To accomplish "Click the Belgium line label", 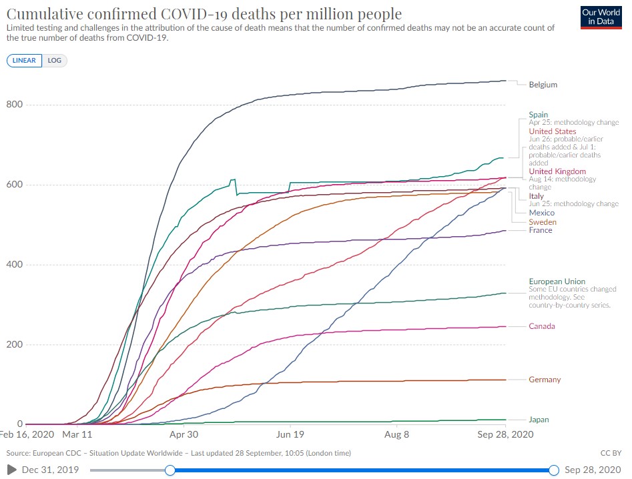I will click(543, 85).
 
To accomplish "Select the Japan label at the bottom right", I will click(539, 420).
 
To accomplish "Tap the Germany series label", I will click(545, 380).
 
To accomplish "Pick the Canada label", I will click(541, 326).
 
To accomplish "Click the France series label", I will click(540, 230).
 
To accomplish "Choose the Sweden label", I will click(542, 222).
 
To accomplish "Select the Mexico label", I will click(541, 213).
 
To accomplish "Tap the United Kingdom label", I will click(557, 171).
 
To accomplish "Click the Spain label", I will click(539, 115).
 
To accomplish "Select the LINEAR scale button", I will click(25, 60).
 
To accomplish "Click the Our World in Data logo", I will click(601, 17).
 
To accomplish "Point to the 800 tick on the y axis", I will click(15, 105).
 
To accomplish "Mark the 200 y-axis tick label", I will click(15, 345).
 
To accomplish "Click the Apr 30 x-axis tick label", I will click(184, 434).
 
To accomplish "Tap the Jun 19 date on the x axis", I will click(290, 434).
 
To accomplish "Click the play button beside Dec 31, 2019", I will click(11, 470).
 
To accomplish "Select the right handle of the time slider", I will click(553, 470).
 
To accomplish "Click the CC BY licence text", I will click(611, 453).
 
